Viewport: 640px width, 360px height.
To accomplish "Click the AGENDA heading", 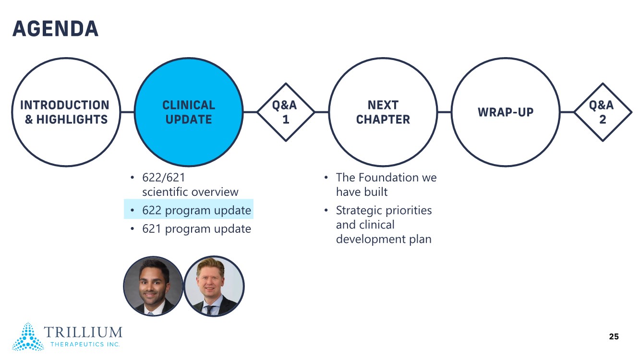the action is click(55, 29).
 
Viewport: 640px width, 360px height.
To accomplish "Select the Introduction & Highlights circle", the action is click(66, 112).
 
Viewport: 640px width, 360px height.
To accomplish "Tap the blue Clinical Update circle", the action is click(189, 112).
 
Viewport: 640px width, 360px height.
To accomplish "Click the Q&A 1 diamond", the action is click(286, 112).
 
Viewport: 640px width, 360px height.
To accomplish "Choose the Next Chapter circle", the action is click(383, 112).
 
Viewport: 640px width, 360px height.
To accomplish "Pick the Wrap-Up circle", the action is click(506, 112).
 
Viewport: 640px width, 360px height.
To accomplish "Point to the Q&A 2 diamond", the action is click(603, 112).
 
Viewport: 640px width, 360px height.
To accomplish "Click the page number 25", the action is click(614, 336).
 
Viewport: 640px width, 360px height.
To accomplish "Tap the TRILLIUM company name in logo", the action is click(83, 332).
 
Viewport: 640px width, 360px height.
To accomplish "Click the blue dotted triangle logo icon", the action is click(28, 336).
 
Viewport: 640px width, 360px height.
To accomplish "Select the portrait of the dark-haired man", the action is click(153, 286).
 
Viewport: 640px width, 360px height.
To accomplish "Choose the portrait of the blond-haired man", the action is click(214, 286).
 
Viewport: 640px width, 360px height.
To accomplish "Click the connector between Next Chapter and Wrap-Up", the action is click(444, 112).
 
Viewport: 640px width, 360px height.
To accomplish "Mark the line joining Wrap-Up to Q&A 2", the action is click(568, 112).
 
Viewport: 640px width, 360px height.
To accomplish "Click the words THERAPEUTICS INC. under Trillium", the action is click(85, 344).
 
